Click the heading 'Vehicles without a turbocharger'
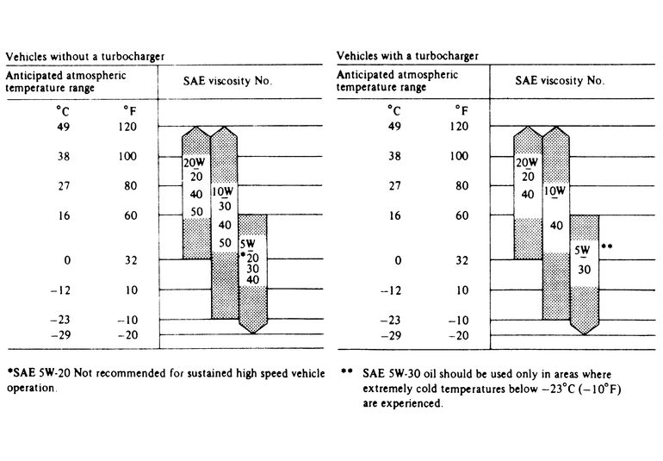(85, 56)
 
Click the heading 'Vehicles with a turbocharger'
(407, 56)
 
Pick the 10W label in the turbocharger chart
(555, 191)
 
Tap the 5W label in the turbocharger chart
(584, 251)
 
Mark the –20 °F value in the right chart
(461, 335)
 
